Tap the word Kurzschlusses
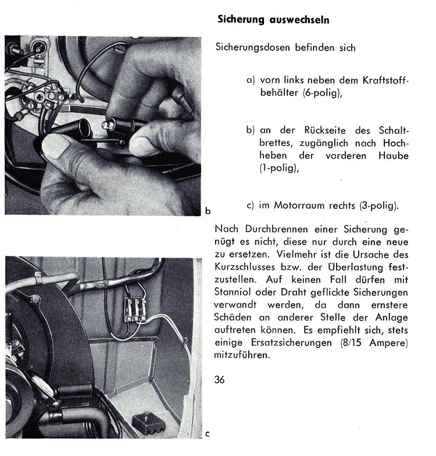[x=245, y=268]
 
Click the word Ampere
[x=390, y=343]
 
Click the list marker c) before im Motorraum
[x=251, y=205]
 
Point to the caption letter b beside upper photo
[x=207, y=209]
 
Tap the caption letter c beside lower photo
[x=208, y=433]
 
